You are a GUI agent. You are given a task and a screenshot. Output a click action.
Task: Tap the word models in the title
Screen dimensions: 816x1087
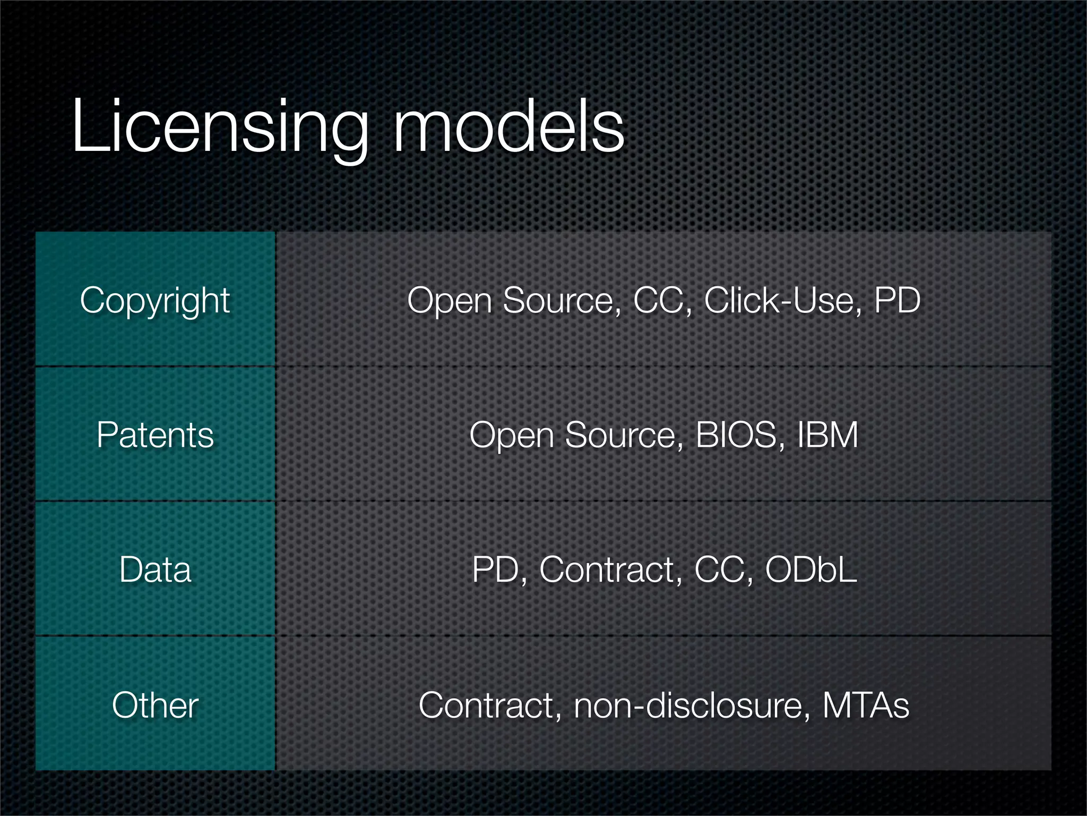coord(508,127)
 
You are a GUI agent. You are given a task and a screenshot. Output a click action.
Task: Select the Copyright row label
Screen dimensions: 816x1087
coord(155,301)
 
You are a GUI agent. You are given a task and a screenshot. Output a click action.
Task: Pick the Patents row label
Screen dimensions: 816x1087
coord(155,435)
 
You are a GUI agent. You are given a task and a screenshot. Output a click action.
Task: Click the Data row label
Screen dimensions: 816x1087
coord(155,569)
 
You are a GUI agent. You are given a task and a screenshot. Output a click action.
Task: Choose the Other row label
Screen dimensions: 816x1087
coord(155,705)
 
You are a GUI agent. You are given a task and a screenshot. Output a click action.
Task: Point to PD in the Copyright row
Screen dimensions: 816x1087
coord(897,301)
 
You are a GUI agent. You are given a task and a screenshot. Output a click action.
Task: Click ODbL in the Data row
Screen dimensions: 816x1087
coord(811,569)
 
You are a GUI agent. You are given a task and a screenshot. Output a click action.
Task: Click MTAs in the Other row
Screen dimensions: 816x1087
coord(866,705)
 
